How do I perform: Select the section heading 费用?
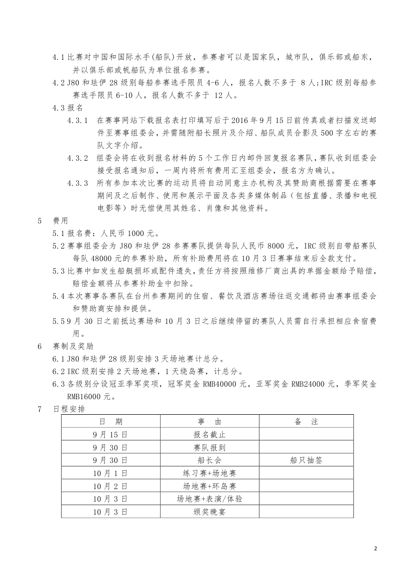coord(60,220)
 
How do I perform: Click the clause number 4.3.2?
coord(78,158)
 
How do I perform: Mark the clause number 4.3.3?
coord(78,183)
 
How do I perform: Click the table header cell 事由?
coord(210,421)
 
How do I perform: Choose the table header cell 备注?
coord(306,421)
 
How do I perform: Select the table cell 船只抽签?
coord(306,459)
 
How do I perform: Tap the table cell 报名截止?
coord(210,434)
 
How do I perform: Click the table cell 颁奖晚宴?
coord(210,512)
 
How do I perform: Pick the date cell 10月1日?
coord(110,473)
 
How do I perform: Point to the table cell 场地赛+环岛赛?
coord(210,486)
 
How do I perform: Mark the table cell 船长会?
coord(210,459)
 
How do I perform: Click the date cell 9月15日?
coord(110,434)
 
